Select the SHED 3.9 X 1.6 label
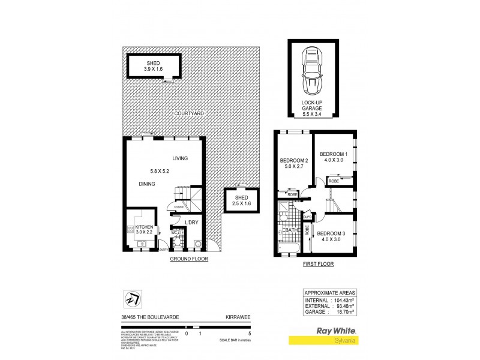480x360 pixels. [154, 66]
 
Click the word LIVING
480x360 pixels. [180, 158]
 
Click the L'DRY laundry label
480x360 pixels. [192, 223]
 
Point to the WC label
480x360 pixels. [173, 232]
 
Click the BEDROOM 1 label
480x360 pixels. [334, 155]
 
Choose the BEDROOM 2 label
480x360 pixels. [294, 164]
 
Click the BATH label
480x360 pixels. [292, 229]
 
